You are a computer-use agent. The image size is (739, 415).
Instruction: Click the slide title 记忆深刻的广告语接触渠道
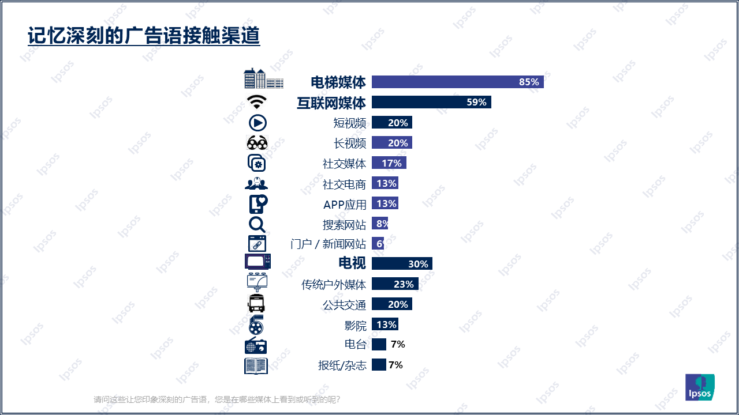(x=144, y=36)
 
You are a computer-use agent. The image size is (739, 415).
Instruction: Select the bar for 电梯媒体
(x=457, y=82)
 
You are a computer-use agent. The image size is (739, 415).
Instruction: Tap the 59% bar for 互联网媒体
(x=431, y=103)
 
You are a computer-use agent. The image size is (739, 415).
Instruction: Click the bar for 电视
(x=402, y=264)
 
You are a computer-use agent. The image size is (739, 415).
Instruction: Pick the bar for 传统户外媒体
(x=395, y=284)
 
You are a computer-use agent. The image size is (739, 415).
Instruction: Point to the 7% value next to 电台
(x=398, y=345)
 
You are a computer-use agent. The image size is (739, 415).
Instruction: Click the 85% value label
(x=529, y=82)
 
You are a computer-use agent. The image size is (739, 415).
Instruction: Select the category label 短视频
(x=349, y=123)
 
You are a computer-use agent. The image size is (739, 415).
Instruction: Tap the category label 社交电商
(x=344, y=184)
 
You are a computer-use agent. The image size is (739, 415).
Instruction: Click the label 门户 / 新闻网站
(x=328, y=244)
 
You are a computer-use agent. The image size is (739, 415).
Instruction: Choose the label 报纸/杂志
(x=342, y=365)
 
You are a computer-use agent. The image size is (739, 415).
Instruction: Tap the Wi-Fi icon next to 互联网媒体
(x=257, y=102)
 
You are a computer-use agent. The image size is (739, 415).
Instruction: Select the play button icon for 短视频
(x=257, y=123)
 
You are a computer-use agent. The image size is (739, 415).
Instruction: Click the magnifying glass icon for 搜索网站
(x=257, y=224)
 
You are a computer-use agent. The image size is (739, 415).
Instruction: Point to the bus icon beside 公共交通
(x=256, y=304)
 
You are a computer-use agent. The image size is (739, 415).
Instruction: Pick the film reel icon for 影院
(x=256, y=325)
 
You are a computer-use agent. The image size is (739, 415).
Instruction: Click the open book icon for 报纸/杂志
(x=256, y=365)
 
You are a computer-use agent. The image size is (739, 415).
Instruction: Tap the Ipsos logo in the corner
(x=700, y=387)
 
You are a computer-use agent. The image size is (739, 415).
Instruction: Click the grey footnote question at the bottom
(x=217, y=399)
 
